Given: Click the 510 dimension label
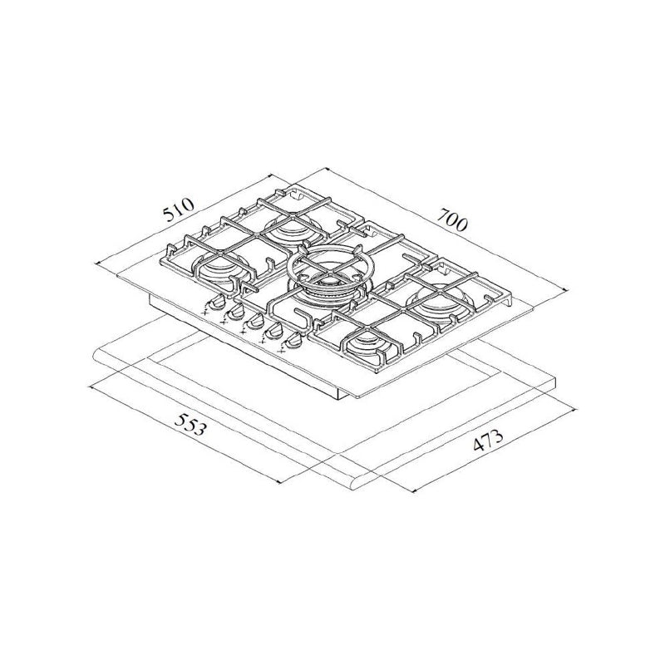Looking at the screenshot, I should pyautogui.click(x=178, y=210).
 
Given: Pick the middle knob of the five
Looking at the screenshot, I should pyautogui.click(x=254, y=321).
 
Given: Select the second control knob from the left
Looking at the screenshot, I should pyautogui.click(x=234, y=312).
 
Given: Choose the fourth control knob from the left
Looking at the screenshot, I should pyautogui.click(x=273, y=331).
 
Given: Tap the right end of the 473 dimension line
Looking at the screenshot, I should pyautogui.click(x=578, y=410).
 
